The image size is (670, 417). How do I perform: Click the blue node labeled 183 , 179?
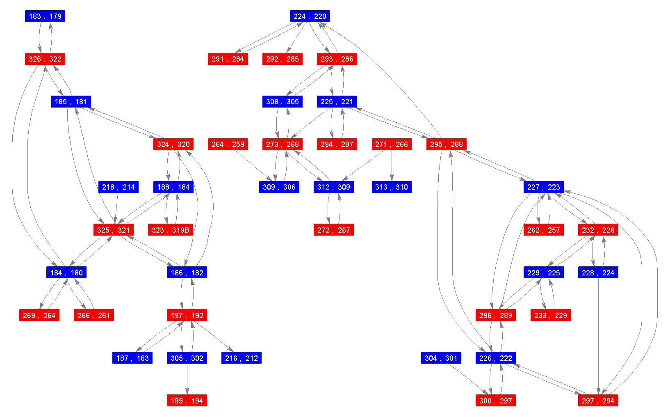click(x=45, y=16)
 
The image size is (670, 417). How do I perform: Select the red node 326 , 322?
click(x=45, y=59)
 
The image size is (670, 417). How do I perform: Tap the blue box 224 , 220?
click(x=310, y=16)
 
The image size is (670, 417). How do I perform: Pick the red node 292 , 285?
click(x=283, y=59)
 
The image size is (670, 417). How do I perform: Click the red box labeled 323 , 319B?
click(x=171, y=230)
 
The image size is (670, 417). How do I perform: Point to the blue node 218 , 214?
click(x=119, y=187)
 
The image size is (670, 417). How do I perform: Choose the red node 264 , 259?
click(x=228, y=144)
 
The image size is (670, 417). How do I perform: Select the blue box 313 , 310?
click(x=392, y=187)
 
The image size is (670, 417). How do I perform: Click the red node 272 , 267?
click(x=334, y=230)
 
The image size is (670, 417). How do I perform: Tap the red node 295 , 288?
click(x=447, y=144)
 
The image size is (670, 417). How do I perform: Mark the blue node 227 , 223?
click(x=544, y=187)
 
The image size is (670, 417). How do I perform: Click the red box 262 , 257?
click(x=544, y=230)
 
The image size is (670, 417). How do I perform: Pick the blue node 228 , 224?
click(x=598, y=273)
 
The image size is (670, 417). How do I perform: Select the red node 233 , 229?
click(x=551, y=315)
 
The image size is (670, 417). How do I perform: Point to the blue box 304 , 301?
click(x=441, y=358)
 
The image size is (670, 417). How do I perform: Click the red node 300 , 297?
click(x=496, y=401)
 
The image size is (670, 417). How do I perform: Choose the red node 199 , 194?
click(x=187, y=401)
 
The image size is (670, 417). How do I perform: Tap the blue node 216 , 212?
click(x=242, y=358)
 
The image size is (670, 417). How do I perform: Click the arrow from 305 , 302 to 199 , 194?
click(x=187, y=379)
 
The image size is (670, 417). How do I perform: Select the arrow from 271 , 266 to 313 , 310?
click(x=392, y=166)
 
